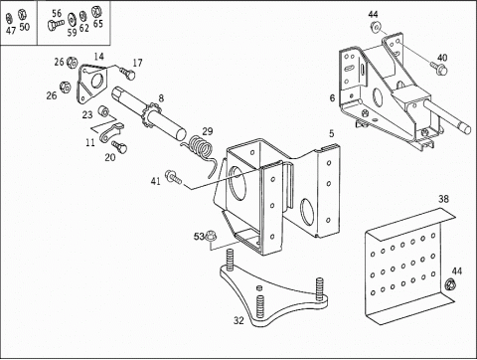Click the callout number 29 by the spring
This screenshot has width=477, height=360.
[208, 131]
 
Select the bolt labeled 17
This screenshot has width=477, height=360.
[127, 74]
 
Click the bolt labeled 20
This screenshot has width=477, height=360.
[119, 146]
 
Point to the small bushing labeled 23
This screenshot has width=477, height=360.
[103, 111]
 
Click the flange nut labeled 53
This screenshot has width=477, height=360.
[210, 236]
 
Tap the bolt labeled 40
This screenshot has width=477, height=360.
[439, 69]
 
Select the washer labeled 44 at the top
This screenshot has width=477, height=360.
[376, 27]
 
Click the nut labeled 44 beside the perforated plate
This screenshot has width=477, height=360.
[450, 284]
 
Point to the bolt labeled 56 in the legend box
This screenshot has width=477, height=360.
[56, 25]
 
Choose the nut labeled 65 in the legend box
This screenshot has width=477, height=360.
[96, 11]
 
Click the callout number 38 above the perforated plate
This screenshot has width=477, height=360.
[443, 199]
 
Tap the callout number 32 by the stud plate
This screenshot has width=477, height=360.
[238, 320]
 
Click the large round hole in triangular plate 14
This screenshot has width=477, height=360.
[97, 81]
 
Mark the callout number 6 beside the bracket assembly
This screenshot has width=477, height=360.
[332, 98]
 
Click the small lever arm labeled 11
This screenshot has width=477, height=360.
[110, 132]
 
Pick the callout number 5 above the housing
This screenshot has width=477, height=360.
[332, 133]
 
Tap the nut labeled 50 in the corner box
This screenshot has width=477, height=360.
[22, 15]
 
